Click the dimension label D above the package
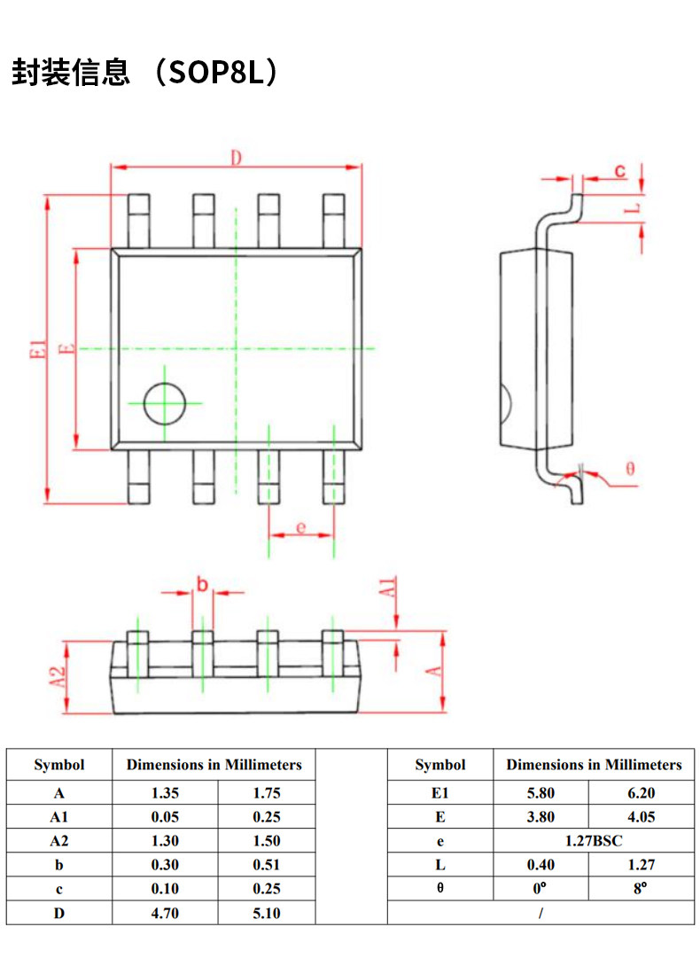pos(236,158)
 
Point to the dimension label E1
pos(37,349)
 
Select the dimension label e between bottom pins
pos(300,526)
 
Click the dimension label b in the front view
pos(202,584)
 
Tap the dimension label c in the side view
pos(620,170)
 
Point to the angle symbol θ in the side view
pos(630,469)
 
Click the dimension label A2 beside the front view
pos(57,676)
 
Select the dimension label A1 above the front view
pos(387,588)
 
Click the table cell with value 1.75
pos(267,793)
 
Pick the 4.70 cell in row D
pos(165,913)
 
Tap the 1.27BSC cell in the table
pos(594,841)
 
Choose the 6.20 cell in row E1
pos(642,793)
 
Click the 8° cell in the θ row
pos(641,888)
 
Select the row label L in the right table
pos(439,865)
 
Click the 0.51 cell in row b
pos(267,865)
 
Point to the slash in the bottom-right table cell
pos(541,913)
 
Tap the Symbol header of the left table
pos(59,765)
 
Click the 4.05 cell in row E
pos(642,817)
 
